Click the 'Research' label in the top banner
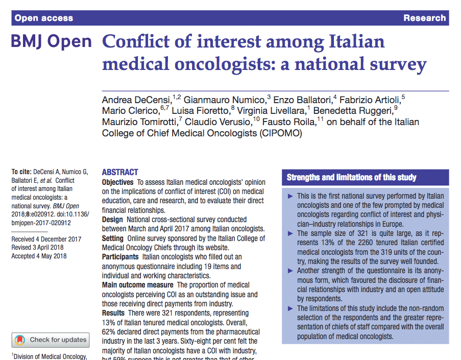(424, 18)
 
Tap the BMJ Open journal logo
(51, 42)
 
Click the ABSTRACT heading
(120, 173)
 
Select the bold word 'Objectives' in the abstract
(118, 182)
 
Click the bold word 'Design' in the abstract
(112, 220)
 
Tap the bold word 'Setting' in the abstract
(113, 238)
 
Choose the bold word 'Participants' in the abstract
(120, 257)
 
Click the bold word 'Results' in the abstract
(113, 313)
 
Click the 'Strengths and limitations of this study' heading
(351, 178)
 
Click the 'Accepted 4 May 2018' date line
(39, 256)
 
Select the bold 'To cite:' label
(21, 172)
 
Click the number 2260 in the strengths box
(355, 243)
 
